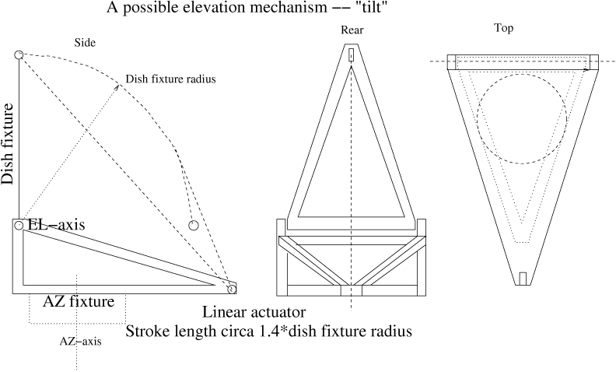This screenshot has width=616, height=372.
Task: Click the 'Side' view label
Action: point(85,43)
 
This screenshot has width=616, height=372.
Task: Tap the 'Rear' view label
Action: point(352,30)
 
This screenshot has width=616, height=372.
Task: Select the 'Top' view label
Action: point(504,28)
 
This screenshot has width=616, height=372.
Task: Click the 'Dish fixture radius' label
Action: point(170,79)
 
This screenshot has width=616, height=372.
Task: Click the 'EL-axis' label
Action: point(56,225)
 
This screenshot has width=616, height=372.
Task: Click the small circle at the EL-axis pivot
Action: point(18,226)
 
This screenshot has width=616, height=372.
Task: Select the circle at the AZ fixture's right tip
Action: point(231,290)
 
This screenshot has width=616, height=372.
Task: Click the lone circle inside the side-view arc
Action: point(194,226)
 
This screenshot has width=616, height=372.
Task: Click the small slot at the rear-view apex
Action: point(352,57)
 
